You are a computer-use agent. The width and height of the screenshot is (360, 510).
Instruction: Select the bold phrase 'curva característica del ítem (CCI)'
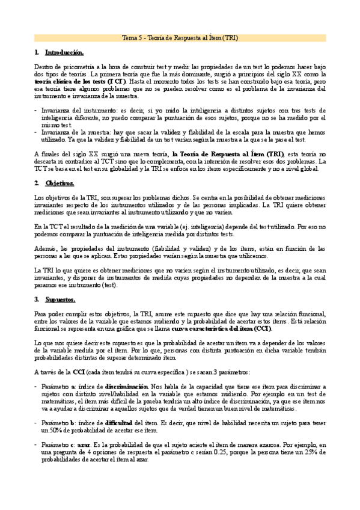(221, 328)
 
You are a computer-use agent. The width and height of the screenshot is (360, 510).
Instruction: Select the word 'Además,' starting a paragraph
(47, 248)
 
